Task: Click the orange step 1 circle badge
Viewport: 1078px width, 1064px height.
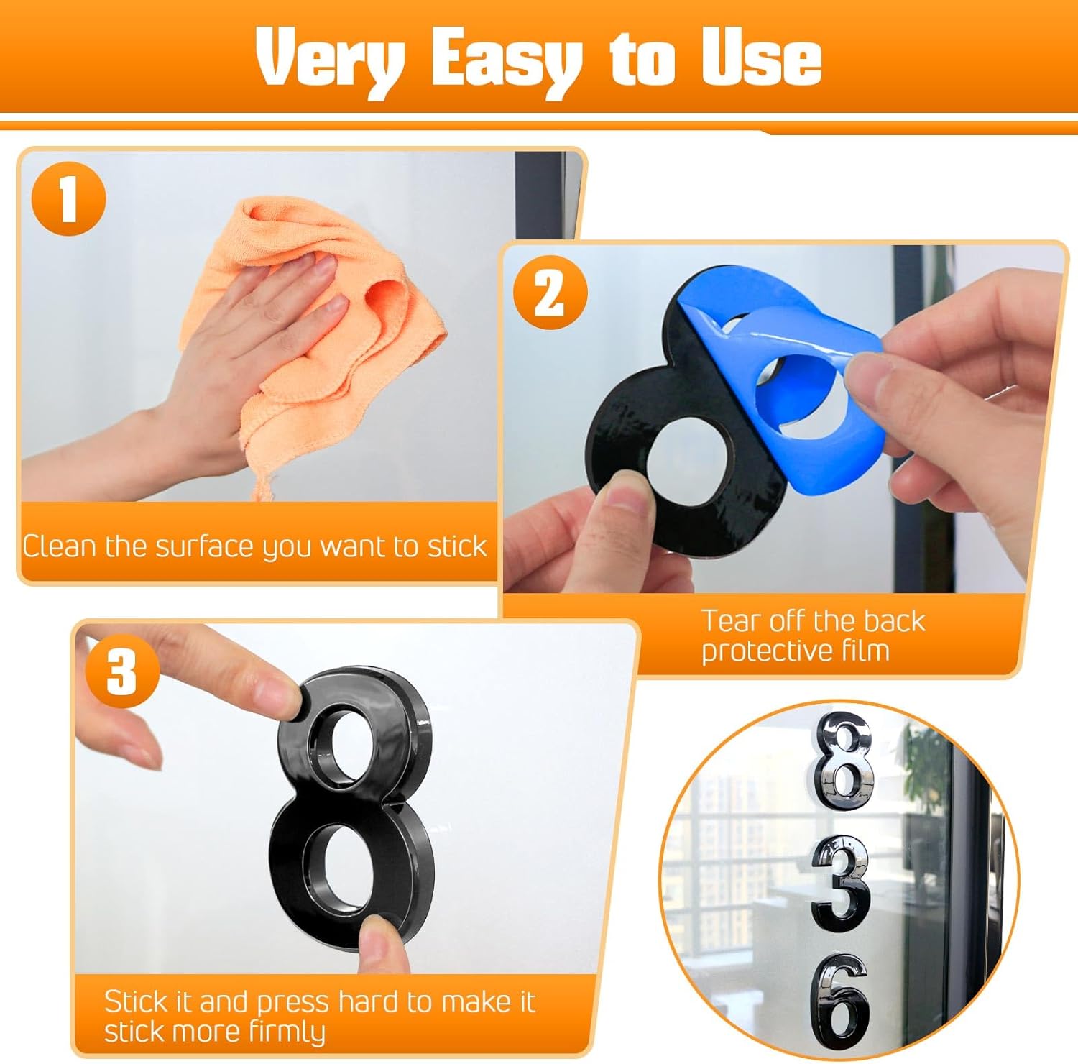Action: (68, 198)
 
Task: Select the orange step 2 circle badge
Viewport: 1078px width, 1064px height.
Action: (550, 294)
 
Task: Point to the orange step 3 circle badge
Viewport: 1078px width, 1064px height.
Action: (121, 671)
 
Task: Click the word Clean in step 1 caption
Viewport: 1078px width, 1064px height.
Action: (60, 546)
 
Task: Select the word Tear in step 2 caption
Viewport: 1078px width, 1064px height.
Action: (731, 621)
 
